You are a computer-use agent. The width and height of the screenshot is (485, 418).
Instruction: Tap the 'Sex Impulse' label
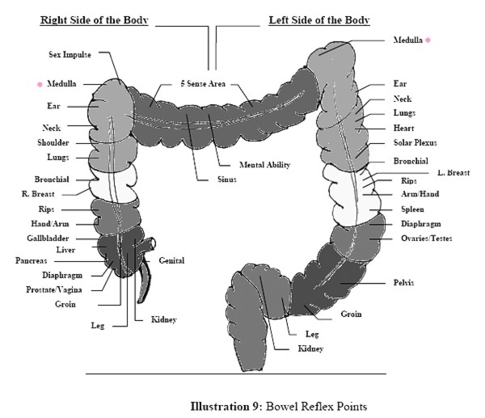pyautogui.click(x=71, y=54)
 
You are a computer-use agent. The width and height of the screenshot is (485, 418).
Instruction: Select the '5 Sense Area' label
pyautogui.click(x=203, y=83)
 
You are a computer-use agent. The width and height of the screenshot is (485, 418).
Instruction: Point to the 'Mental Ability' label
pyautogui.click(x=264, y=164)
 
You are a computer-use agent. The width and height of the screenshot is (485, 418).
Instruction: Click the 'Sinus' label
pyautogui.click(x=226, y=179)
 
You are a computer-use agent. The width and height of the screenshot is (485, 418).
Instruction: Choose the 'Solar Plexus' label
pyautogui.click(x=416, y=143)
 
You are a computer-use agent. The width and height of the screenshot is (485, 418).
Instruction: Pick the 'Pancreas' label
pyautogui.click(x=35, y=261)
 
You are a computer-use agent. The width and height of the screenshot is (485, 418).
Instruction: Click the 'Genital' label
pyautogui.click(x=173, y=260)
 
